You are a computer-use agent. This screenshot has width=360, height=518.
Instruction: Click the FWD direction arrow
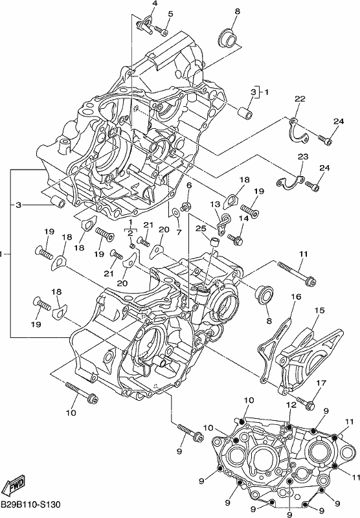tap(16, 485)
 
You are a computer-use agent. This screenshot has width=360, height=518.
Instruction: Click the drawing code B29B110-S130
tap(30, 505)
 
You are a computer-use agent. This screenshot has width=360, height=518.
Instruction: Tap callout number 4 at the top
tap(155, 4)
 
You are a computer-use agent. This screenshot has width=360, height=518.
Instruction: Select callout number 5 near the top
tap(170, 14)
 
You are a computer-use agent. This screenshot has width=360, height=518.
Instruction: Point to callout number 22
tap(300, 99)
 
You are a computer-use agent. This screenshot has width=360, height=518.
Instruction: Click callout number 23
tap(303, 157)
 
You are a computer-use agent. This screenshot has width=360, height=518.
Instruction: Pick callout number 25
tap(201, 229)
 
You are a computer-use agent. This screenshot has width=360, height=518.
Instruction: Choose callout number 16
tap(296, 297)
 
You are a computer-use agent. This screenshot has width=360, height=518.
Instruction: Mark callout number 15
tap(320, 310)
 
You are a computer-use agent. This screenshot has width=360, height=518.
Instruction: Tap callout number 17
tap(321, 383)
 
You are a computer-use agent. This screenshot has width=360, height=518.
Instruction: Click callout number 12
tap(291, 405)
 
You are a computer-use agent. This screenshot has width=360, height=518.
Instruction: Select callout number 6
tap(189, 185)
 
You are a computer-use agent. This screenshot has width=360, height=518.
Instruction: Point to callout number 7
tap(179, 232)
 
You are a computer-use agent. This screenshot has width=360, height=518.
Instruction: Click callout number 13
tap(215, 204)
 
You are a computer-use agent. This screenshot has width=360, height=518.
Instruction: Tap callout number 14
tap(243, 218)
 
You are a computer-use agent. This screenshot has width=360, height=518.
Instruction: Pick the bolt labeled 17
tap(306, 403)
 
